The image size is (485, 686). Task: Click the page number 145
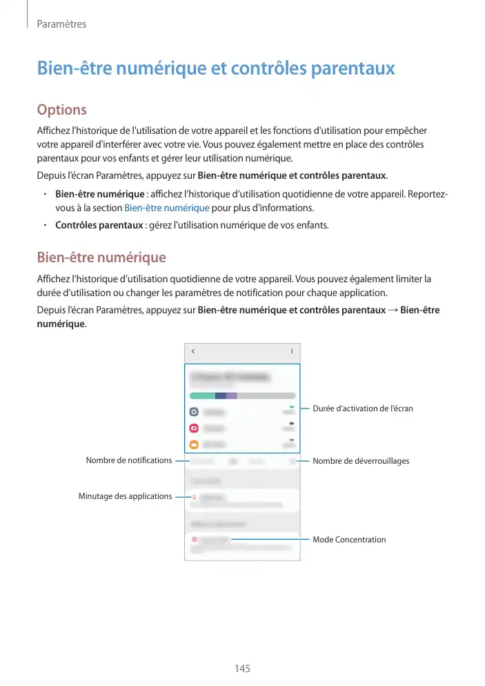pos(242,669)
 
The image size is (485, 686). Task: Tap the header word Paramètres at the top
pos(61,24)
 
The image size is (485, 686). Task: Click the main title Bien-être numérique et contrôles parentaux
pos(215,69)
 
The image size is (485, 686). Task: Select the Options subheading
pos(61,110)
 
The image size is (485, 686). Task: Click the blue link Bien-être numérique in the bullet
pos(166,208)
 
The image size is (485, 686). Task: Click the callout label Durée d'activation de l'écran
pos(363,409)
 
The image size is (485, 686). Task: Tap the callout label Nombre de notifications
pos(128,460)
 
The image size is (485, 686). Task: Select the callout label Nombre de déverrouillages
pos(361,461)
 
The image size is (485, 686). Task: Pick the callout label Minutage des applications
pos(125,496)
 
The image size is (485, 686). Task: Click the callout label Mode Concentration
pos(349,540)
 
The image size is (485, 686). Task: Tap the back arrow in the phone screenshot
pos(193,351)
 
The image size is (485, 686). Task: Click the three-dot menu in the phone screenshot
pos(291,351)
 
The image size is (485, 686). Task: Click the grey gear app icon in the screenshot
pos(195,411)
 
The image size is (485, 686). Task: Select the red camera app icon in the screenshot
pos(195,428)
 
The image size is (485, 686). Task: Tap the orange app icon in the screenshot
pos(195,444)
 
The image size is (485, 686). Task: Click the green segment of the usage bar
pos(202,395)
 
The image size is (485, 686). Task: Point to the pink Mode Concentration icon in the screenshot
pos(195,540)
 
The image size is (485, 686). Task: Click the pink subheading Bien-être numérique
pos(101,258)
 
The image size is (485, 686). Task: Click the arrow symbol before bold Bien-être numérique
pos(393,310)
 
